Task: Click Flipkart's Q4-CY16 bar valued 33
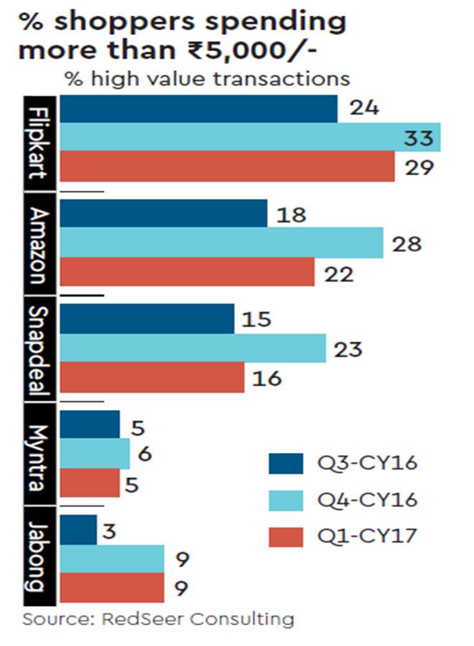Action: click(x=250, y=137)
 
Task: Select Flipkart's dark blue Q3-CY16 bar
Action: click(x=198, y=108)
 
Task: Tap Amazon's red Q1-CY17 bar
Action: click(x=187, y=272)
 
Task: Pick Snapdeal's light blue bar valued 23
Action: click(x=192, y=349)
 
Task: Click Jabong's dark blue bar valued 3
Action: click(x=78, y=530)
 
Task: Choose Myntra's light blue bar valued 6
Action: click(x=94, y=454)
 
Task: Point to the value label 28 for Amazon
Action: click(x=406, y=243)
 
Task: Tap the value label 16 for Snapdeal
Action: click(x=267, y=378)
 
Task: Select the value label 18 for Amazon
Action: click(x=290, y=214)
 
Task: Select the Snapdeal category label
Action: click(x=41, y=350)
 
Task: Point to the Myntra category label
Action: click(x=41, y=454)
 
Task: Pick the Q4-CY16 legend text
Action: click(x=367, y=500)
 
